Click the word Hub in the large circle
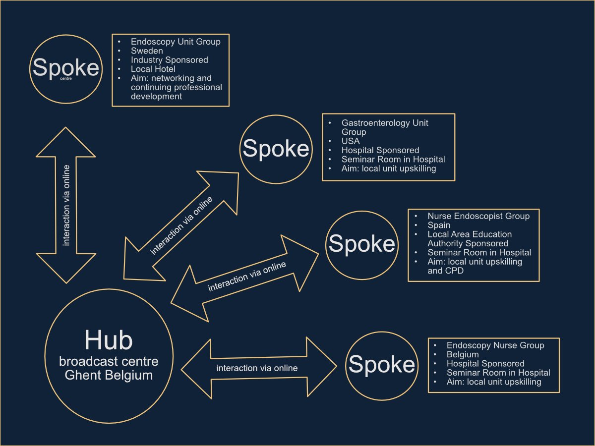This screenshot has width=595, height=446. click(109, 340)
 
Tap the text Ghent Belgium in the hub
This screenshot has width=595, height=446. click(109, 375)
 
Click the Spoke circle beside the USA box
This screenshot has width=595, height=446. click(276, 149)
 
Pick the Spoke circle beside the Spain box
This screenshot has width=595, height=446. click(362, 244)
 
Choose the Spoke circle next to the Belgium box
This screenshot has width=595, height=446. click(381, 365)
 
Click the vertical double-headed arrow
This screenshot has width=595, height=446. click(66, 205)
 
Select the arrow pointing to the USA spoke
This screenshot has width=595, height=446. click(181, 226)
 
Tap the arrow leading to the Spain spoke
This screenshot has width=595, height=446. click(245, 278)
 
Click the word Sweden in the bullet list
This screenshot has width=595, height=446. click(147, 51)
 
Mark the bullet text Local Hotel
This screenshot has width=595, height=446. click(153, 69)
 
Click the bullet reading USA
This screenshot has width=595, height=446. click(351, 141)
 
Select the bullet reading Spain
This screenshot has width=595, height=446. click(439, 225)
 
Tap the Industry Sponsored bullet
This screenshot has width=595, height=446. click(170, 60)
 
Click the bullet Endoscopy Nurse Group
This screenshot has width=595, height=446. click(495, 345)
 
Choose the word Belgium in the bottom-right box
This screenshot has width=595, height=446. click(463, 354)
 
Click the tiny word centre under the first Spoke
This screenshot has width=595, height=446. click(65, 78)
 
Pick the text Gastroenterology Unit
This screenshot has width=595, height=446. click(385, 122)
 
